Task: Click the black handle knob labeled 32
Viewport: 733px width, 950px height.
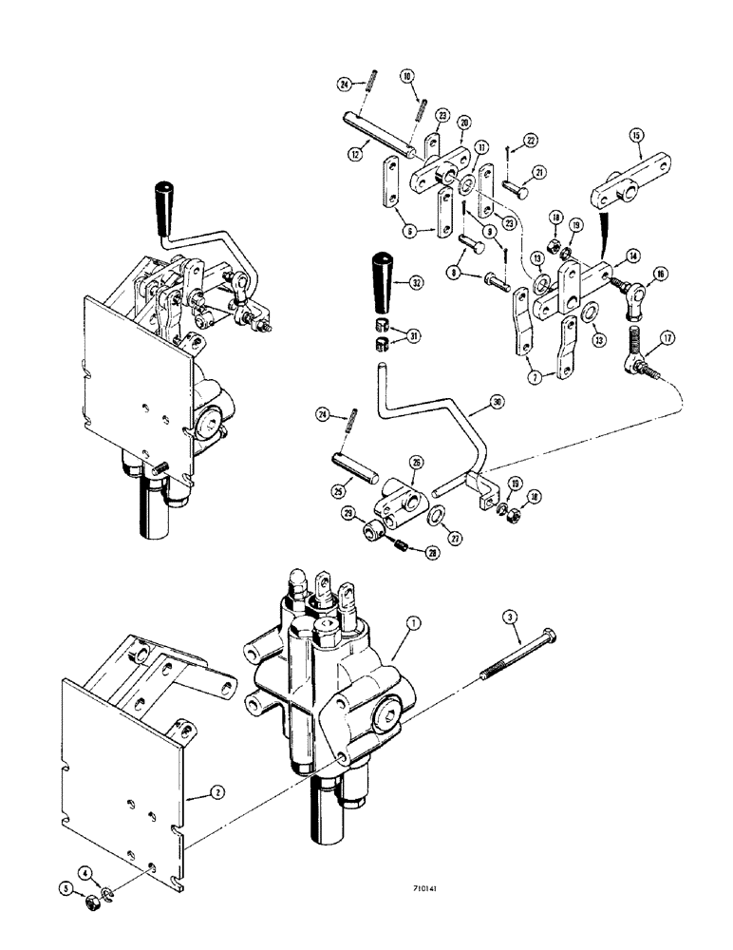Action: click(384, 281)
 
